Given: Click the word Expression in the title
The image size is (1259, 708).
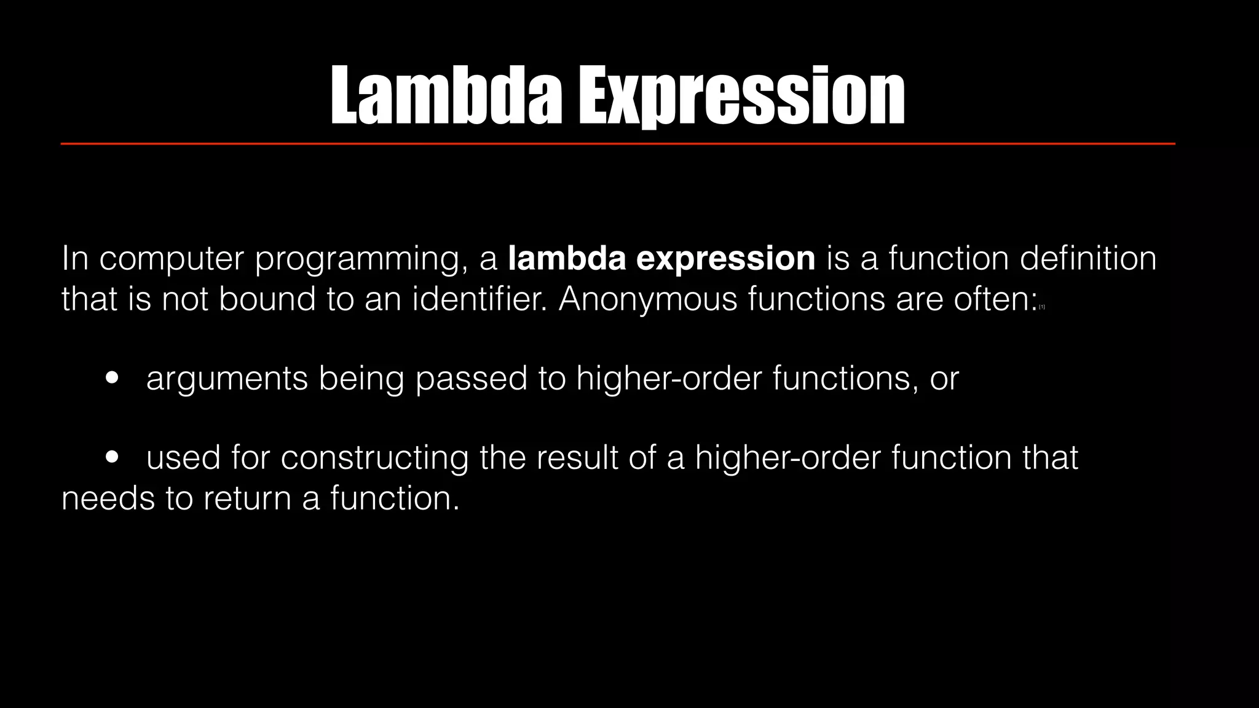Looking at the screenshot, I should (x=741, y=97).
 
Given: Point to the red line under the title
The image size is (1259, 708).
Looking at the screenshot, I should (x=617, y=144).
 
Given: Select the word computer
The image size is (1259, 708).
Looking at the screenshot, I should (x=172, y=259).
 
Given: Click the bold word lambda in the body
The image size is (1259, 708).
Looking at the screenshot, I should (x=566, y=258).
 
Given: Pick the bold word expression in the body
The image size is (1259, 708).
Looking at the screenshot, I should (x=725, y=259).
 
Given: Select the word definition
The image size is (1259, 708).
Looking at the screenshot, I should (x=1087, y=258).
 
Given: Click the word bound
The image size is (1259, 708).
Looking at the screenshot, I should (x=266, y=299).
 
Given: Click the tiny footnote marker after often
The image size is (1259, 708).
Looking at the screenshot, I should (x=1042, y=307).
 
